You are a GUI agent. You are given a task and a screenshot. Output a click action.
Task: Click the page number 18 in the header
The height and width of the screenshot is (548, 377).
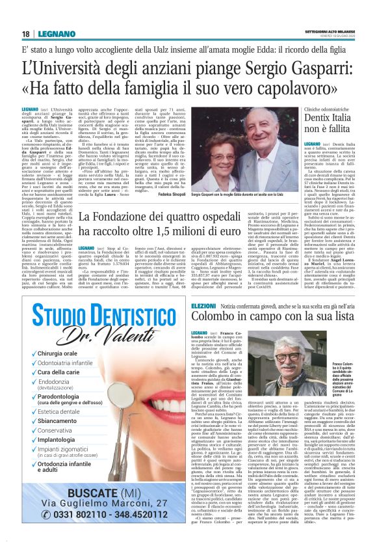[25, 33]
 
